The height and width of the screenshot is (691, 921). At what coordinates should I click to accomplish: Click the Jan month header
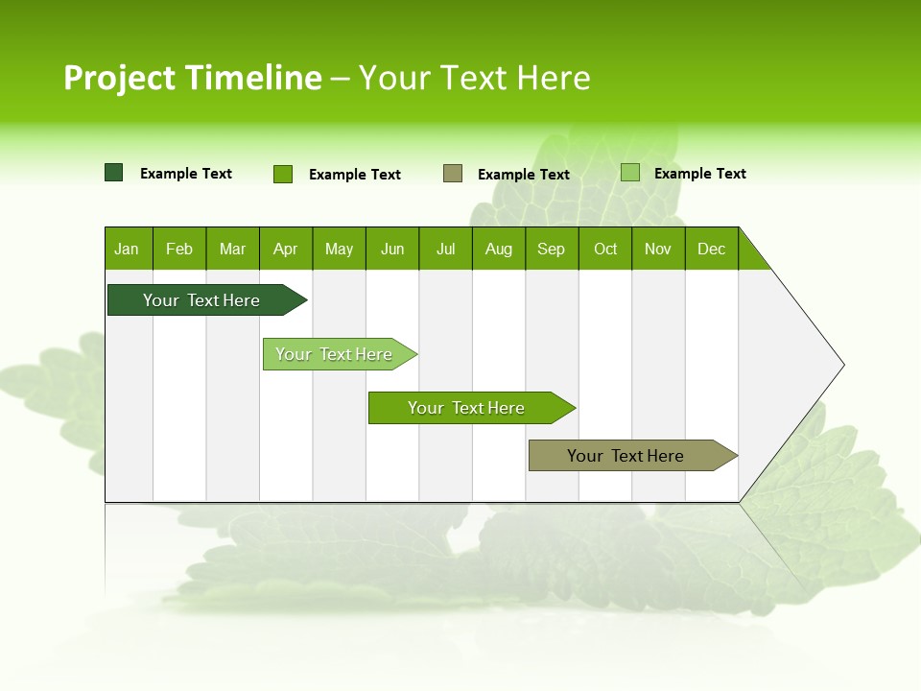(x=128, y=249)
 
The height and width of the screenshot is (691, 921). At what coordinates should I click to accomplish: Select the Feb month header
(x=179, y=249)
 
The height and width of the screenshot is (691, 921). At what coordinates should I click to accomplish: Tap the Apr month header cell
(x=286, y=249)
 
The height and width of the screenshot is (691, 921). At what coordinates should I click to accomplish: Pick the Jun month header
(x=392, y=249)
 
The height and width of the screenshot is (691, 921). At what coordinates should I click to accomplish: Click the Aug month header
(x=499, y=249)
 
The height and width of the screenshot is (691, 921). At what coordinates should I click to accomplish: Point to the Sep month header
(x=552, y=249)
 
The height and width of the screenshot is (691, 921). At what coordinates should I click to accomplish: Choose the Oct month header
(x=605, y=249)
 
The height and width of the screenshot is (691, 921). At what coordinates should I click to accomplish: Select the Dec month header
(x=712, y=249)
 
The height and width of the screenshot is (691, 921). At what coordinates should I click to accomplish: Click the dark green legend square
(x=114, y=173)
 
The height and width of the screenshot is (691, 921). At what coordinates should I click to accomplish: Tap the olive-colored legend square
(x=453, y=174)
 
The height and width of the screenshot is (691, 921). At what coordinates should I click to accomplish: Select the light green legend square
(x=630, y=173)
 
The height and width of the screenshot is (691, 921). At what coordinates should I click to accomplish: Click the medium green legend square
(x=283, y=174)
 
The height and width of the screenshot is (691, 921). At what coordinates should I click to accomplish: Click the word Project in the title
(x=119, y=79)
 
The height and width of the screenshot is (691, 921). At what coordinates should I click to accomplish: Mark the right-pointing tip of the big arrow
(x=842, y=365)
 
